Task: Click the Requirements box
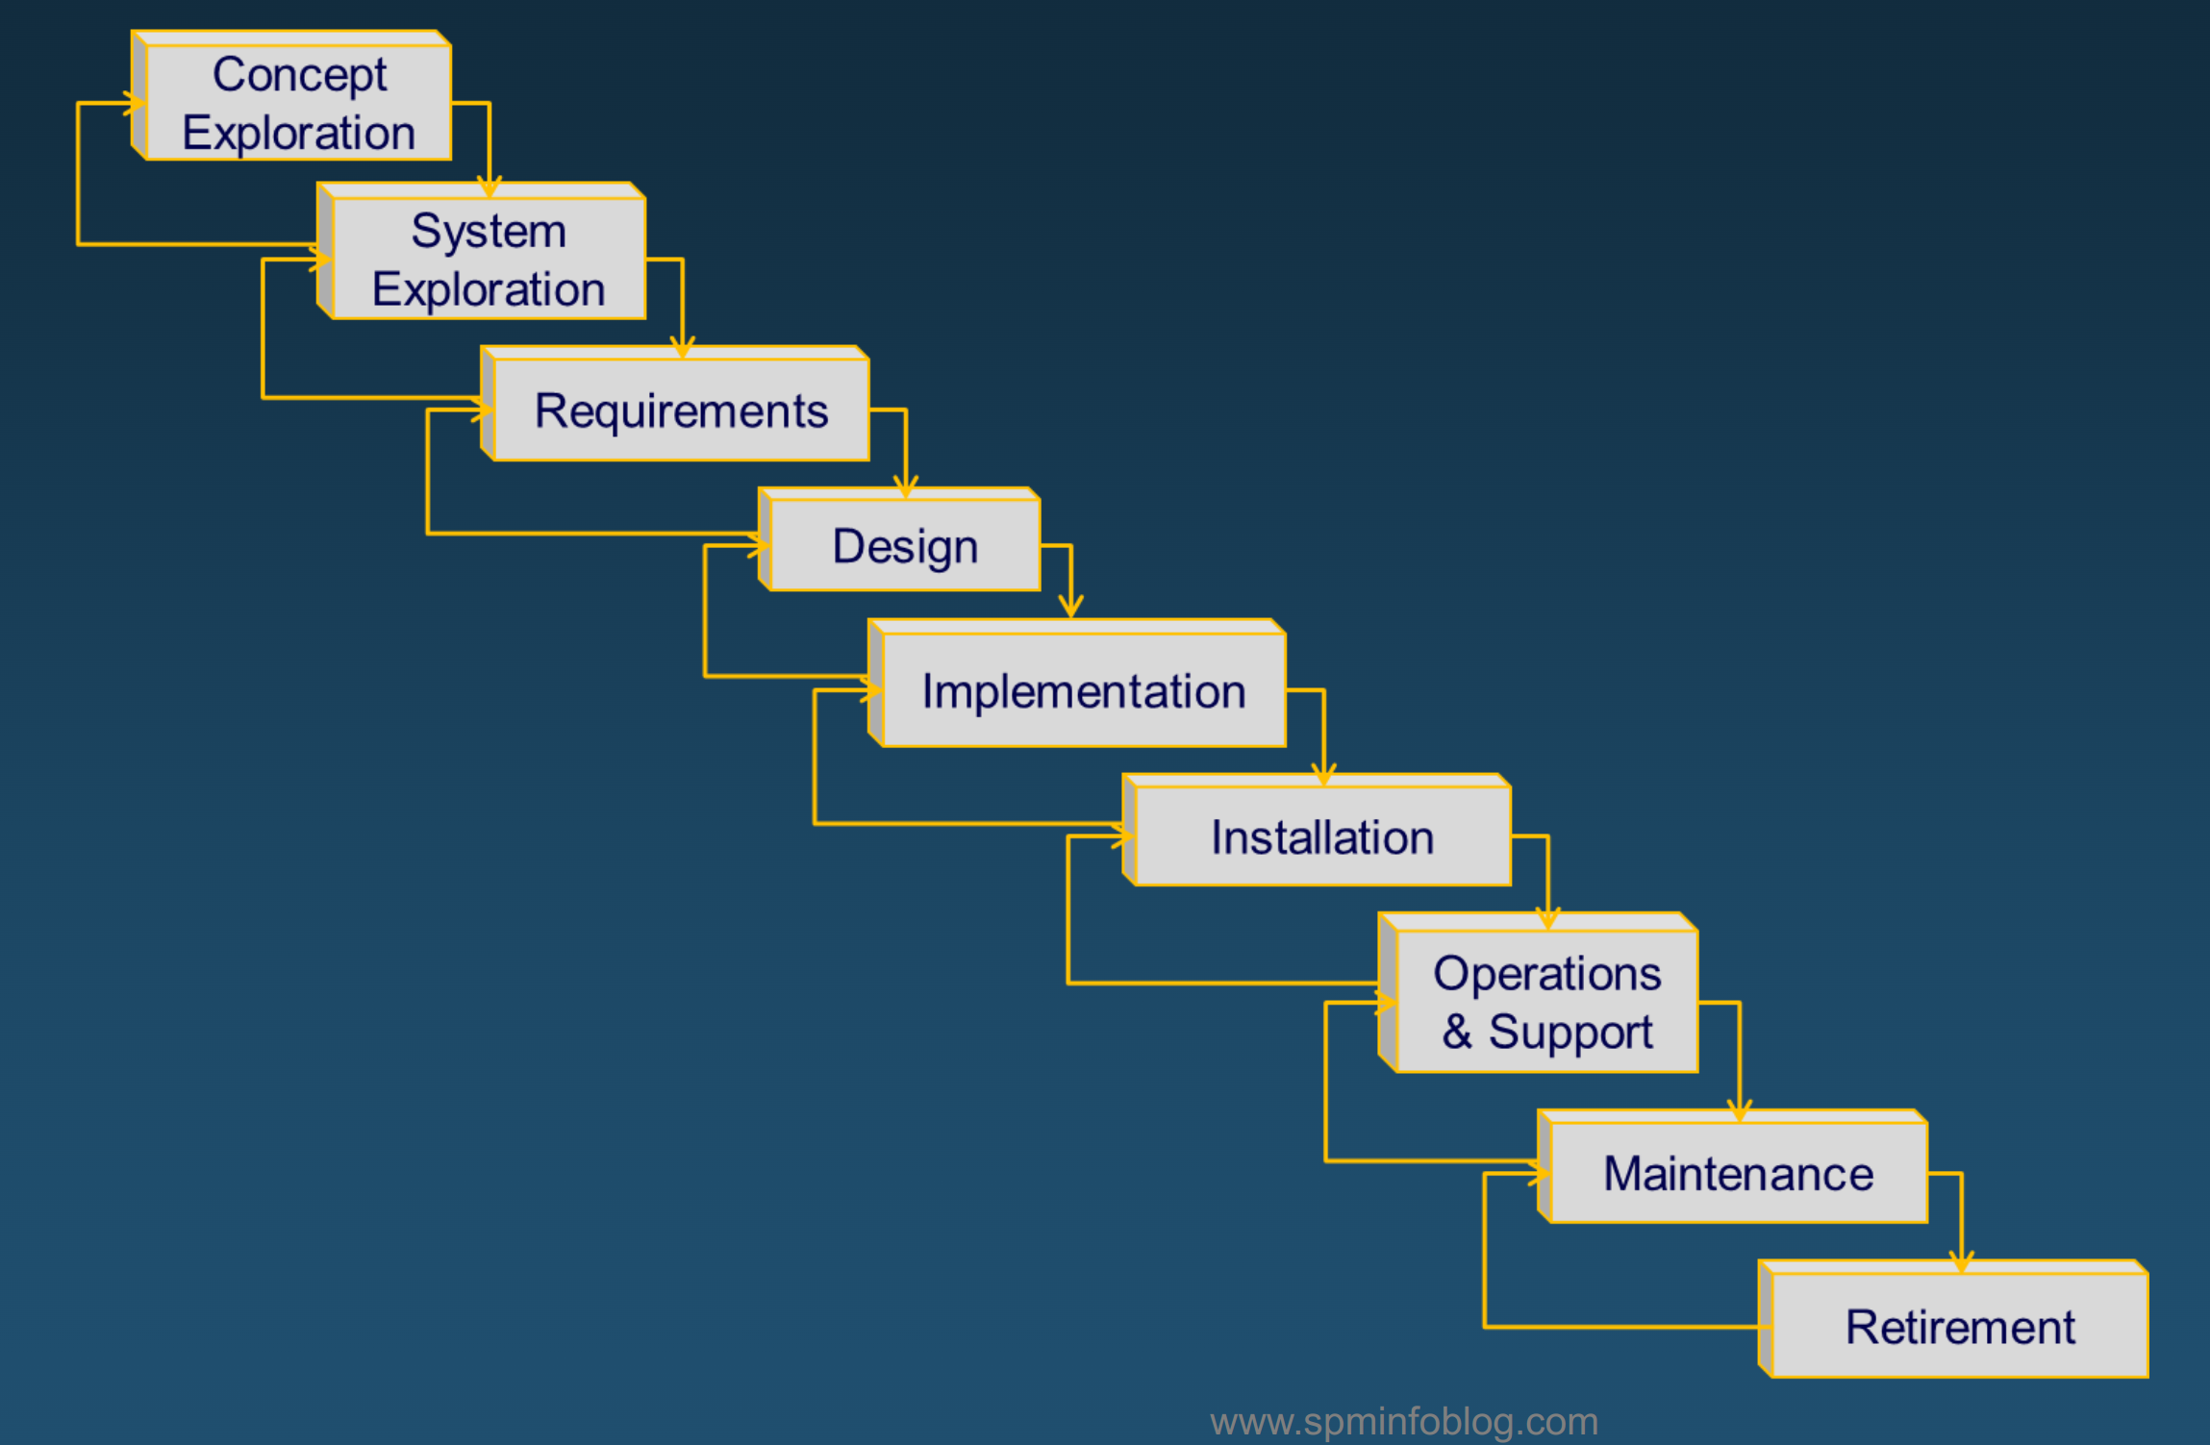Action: [x=681, y=411]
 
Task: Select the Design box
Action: [x=904, y=545]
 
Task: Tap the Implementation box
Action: [x=1083, y=690]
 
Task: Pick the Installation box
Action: [x=1322, y=836]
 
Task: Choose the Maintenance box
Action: [x=1738, y=1173]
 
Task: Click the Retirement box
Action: [x=1959, y=1327]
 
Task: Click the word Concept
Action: [x=299, y=75]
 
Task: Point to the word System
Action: [x=489, y=231]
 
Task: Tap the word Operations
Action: [x=1546, y=973]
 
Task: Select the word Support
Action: [x=1570, y=1032]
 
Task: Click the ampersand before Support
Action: [x=1457, y=1032]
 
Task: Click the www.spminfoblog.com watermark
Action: [x=1403, y=1421]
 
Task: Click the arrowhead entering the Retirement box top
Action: [x=1961, y=1262]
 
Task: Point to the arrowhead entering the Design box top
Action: [x=905, y=487]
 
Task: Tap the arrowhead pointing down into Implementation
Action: [x=1070, y=607]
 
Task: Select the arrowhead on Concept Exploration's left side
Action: [x=135, y=103]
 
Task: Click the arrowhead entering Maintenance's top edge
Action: [x=1739, y=1111]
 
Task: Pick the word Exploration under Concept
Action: [x=299, y=133]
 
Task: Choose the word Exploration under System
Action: [x=489, y=289]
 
